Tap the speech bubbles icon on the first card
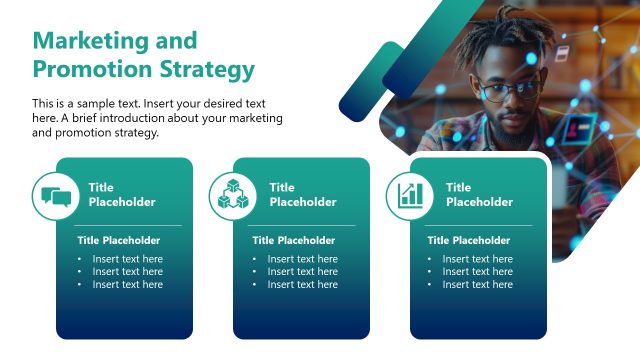[55, 195]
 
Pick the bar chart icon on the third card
[410, 195]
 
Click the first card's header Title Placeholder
[121, 194]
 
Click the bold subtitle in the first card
[118, 240]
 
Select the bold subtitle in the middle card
[293, 240]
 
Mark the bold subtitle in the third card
[468, 240]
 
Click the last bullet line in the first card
[127, 285]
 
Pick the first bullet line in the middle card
[302, 259]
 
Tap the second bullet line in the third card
[477, 272]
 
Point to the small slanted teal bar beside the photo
[371, 81]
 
